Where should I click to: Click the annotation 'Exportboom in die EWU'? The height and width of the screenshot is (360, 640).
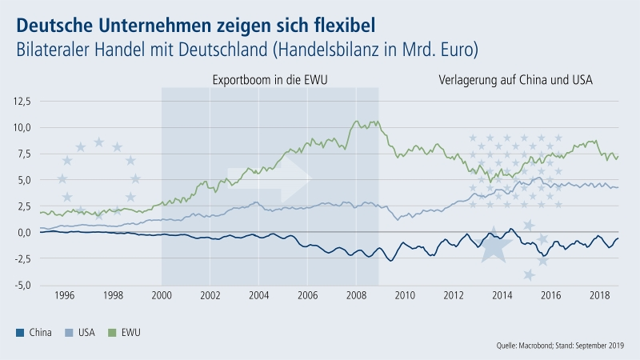270,81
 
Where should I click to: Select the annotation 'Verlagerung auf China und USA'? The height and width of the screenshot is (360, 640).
521,81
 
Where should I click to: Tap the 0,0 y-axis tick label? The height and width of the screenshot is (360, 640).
24,232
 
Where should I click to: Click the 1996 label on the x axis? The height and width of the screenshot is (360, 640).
64,296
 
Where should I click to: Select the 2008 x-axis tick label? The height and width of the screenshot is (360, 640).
356,296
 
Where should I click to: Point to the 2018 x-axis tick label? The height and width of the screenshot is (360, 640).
599,296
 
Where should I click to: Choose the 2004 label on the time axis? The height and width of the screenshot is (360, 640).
258,296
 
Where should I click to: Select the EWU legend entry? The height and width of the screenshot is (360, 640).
136,331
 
